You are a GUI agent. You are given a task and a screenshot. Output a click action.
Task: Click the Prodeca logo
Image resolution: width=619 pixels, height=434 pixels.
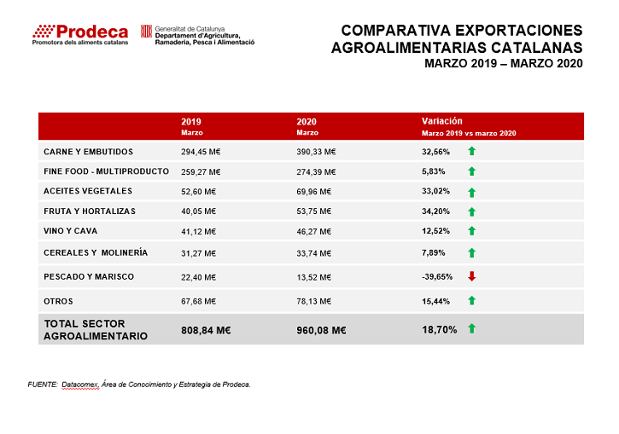coord(80,35)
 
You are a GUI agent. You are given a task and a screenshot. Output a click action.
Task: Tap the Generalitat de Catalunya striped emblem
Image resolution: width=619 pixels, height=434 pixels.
coord(147,32)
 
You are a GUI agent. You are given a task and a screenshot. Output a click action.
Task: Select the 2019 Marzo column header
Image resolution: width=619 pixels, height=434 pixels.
coord(192,126)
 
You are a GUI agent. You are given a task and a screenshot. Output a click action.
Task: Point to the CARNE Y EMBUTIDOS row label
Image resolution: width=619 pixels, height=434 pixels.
coord(89,152)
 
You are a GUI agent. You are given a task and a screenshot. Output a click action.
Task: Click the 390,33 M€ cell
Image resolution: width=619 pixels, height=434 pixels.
coord(316,152)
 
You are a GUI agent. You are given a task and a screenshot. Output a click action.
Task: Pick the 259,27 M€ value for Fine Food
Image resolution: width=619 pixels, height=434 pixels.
coord(201,172)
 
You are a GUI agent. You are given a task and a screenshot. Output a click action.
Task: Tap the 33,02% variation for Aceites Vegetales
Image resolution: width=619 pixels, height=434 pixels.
coord(435,191)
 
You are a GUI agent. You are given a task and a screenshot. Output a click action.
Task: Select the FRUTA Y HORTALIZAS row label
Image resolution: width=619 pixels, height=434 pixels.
coord(90,211)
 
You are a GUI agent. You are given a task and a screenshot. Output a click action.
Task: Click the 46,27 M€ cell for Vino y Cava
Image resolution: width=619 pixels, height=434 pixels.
coord(314,231)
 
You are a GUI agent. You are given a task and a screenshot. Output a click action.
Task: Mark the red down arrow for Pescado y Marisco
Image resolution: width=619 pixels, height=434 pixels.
coord(472,276)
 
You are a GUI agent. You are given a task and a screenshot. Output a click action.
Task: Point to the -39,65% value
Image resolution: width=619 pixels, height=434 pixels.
coord(437,277)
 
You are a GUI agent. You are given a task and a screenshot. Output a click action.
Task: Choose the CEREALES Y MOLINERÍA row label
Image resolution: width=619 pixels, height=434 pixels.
coord(96,252)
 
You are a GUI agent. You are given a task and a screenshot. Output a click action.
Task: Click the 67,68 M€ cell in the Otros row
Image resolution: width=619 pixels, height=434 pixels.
coord(199,302)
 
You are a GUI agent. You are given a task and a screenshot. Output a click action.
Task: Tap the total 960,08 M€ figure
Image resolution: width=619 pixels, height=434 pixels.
coord(321,330)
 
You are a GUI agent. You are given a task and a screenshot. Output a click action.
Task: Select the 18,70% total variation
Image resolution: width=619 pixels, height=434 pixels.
coord(440,329)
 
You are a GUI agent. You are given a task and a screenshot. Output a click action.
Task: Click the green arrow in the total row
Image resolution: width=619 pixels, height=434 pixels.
coord(472,328)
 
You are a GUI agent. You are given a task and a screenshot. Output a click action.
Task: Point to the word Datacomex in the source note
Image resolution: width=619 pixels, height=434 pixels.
coord(80,385)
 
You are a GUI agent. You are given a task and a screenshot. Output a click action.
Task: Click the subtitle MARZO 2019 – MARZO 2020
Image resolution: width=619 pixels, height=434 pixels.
coord(504,63)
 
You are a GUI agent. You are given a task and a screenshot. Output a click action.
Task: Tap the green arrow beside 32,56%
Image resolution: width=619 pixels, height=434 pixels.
coord(472,151)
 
